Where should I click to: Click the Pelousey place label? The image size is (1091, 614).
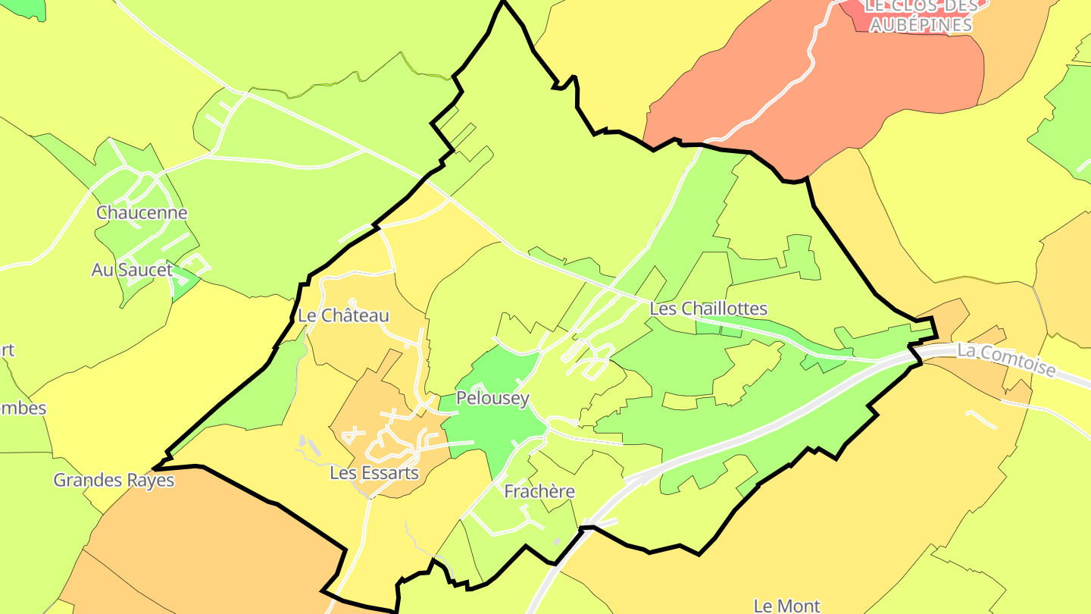(492, 399)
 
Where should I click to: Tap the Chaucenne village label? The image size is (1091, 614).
(142, 213)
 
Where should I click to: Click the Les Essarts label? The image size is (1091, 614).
(374, 473)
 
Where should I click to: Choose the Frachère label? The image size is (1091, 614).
(539, 492)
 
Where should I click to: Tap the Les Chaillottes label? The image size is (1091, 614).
(708, 309)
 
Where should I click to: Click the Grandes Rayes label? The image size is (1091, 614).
(114, 480)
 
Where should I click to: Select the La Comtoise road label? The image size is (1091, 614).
(1006, 360)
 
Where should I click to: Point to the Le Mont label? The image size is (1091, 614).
(786, 605)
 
